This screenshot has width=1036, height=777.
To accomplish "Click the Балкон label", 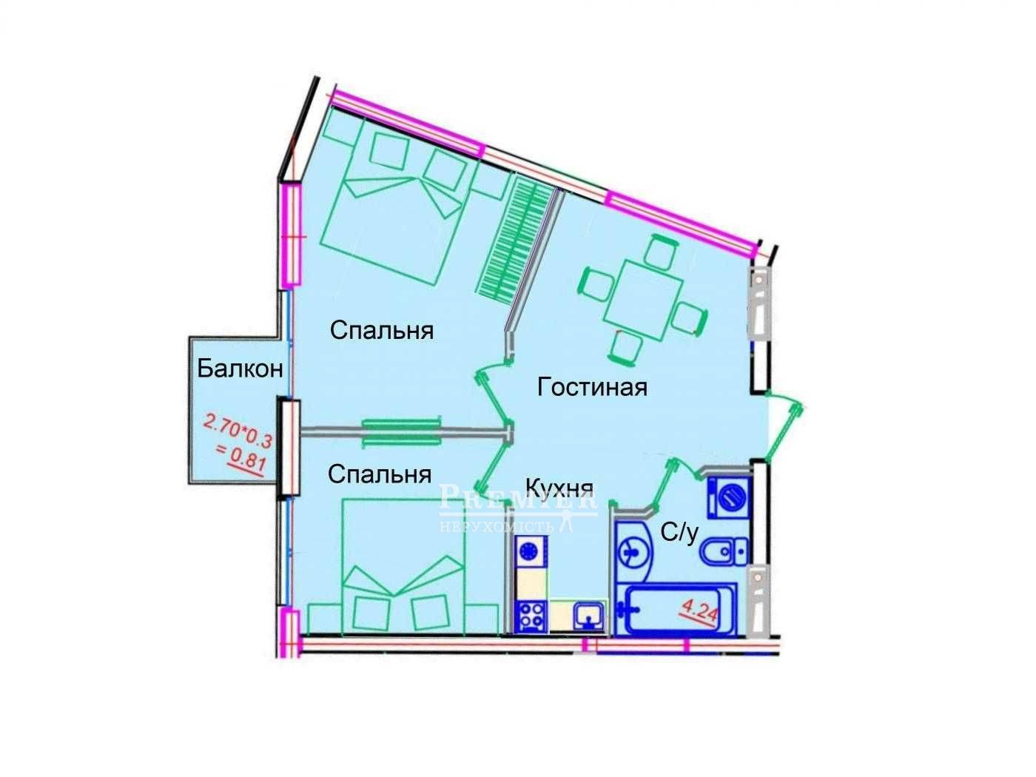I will click(240, 368).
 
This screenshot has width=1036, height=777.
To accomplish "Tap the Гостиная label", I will click(592, 386).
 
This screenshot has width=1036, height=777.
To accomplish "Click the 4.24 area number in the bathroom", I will click(699, 613).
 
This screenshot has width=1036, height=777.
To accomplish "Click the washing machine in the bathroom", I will click(730, 497).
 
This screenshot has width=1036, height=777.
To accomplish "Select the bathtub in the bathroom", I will click(677, 610).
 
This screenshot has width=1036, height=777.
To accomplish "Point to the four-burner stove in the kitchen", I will click(530, 616).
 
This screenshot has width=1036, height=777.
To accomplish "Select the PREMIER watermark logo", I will click(518, 507).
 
